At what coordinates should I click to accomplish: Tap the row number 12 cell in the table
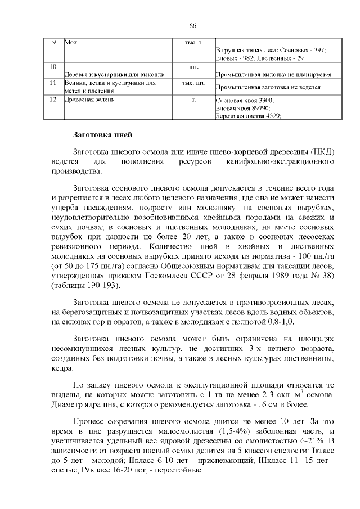pyautogui.click(x=53, y=100)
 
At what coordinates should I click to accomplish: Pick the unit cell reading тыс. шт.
pyautogui.click(x=193, y=83)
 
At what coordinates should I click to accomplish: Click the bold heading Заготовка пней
pyautogui.click(x=103, y=135)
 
